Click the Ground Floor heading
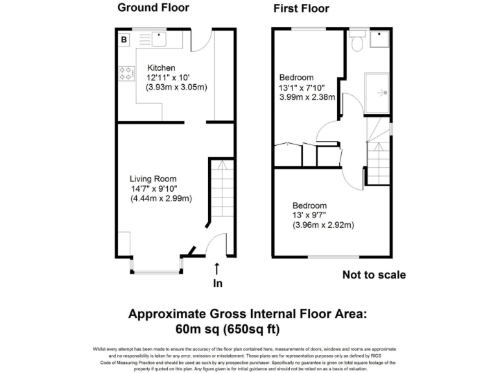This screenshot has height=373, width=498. click(153, 8)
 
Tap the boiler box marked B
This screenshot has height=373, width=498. click(124, 40)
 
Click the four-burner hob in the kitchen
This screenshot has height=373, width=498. click(126, 74)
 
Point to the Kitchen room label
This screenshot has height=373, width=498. click(161, 67)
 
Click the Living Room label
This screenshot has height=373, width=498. click(152, 179)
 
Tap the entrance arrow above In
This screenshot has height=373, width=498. click(217, 267)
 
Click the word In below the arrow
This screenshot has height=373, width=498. click(217, 283)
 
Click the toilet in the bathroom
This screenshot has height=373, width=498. click(356, 41)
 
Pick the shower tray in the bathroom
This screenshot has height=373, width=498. click(379, 93)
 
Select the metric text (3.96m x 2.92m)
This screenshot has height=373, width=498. click(322, 225)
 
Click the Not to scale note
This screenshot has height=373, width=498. click(374, 275)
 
